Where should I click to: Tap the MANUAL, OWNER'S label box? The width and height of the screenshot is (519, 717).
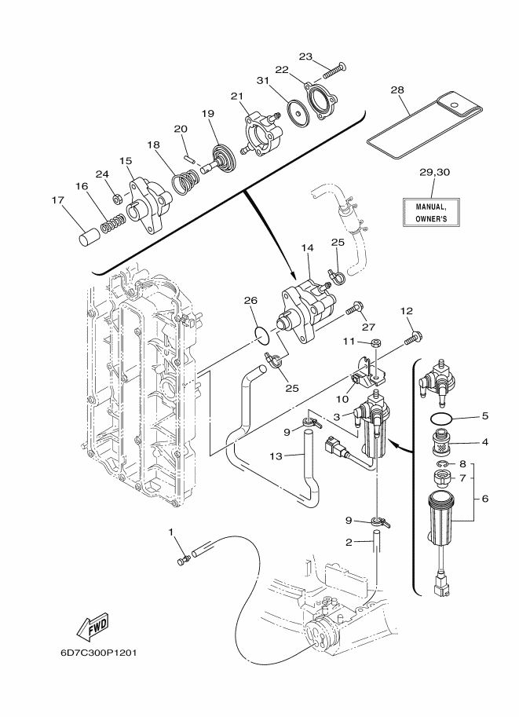[x=431, y=212]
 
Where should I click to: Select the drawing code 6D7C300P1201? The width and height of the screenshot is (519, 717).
[x=98, y=652]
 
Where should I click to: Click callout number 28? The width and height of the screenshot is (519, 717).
[x=397, y=90]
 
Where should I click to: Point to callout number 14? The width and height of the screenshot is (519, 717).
[x=308, y=248]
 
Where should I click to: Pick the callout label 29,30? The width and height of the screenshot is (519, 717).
[x=434, y=172]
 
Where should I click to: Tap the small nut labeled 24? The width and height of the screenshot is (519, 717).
[x=117, y=198]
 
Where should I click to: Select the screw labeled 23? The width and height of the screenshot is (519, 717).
[x=334, y=71]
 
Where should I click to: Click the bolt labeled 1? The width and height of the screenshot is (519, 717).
[x=184, y=559]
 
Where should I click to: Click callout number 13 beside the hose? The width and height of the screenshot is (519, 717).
[x=276, y=455]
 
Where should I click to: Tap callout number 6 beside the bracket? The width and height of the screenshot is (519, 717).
[x=484, y=499]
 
